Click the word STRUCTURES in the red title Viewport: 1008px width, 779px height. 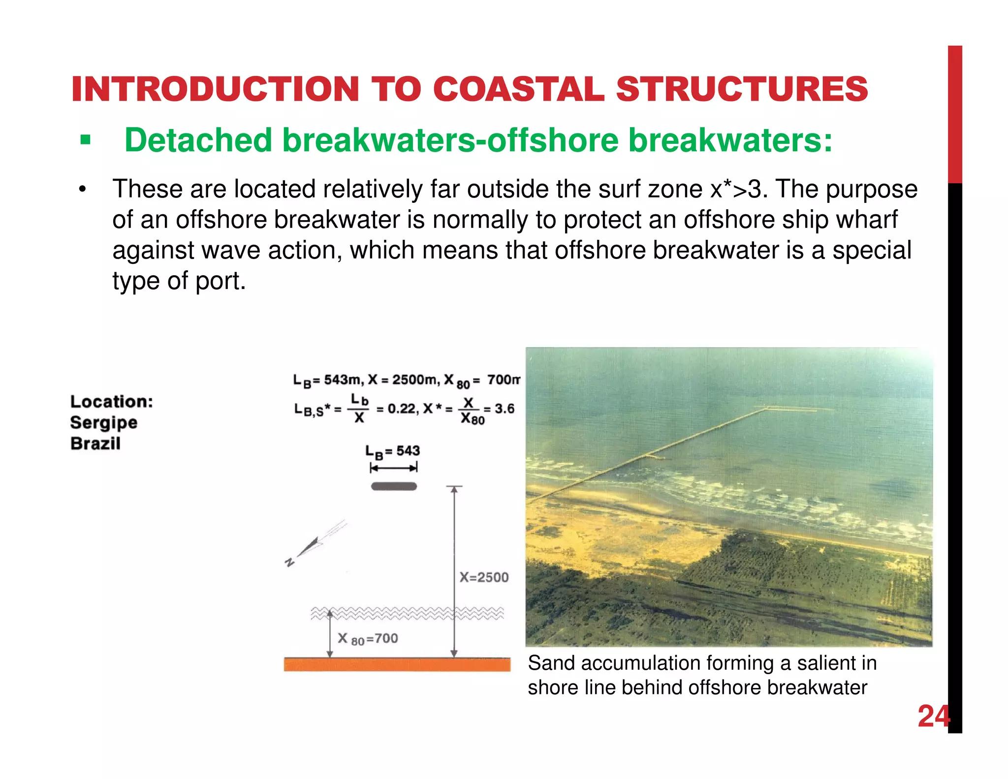coord(742,90)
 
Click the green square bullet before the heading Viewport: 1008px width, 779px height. coord(86,141)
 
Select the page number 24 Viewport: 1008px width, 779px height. coord(933,716)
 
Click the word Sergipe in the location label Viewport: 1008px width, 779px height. coord(103,423)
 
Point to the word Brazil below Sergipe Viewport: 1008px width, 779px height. coord(95,444)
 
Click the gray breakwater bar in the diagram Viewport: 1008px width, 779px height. coord(394,487)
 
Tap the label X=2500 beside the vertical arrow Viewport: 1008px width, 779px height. coord(484,577)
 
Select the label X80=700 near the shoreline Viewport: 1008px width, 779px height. coord(368,639)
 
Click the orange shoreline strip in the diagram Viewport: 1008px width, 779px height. coord(397,664)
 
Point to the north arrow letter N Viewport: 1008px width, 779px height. coord(290,562)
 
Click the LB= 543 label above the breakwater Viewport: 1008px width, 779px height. coord(392,451)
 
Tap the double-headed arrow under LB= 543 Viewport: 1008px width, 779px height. coord(394,468)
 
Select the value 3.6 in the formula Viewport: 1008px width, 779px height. coord(504,409)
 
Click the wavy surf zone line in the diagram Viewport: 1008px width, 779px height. coord(407,613)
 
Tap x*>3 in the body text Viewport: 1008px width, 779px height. coord(738,190)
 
